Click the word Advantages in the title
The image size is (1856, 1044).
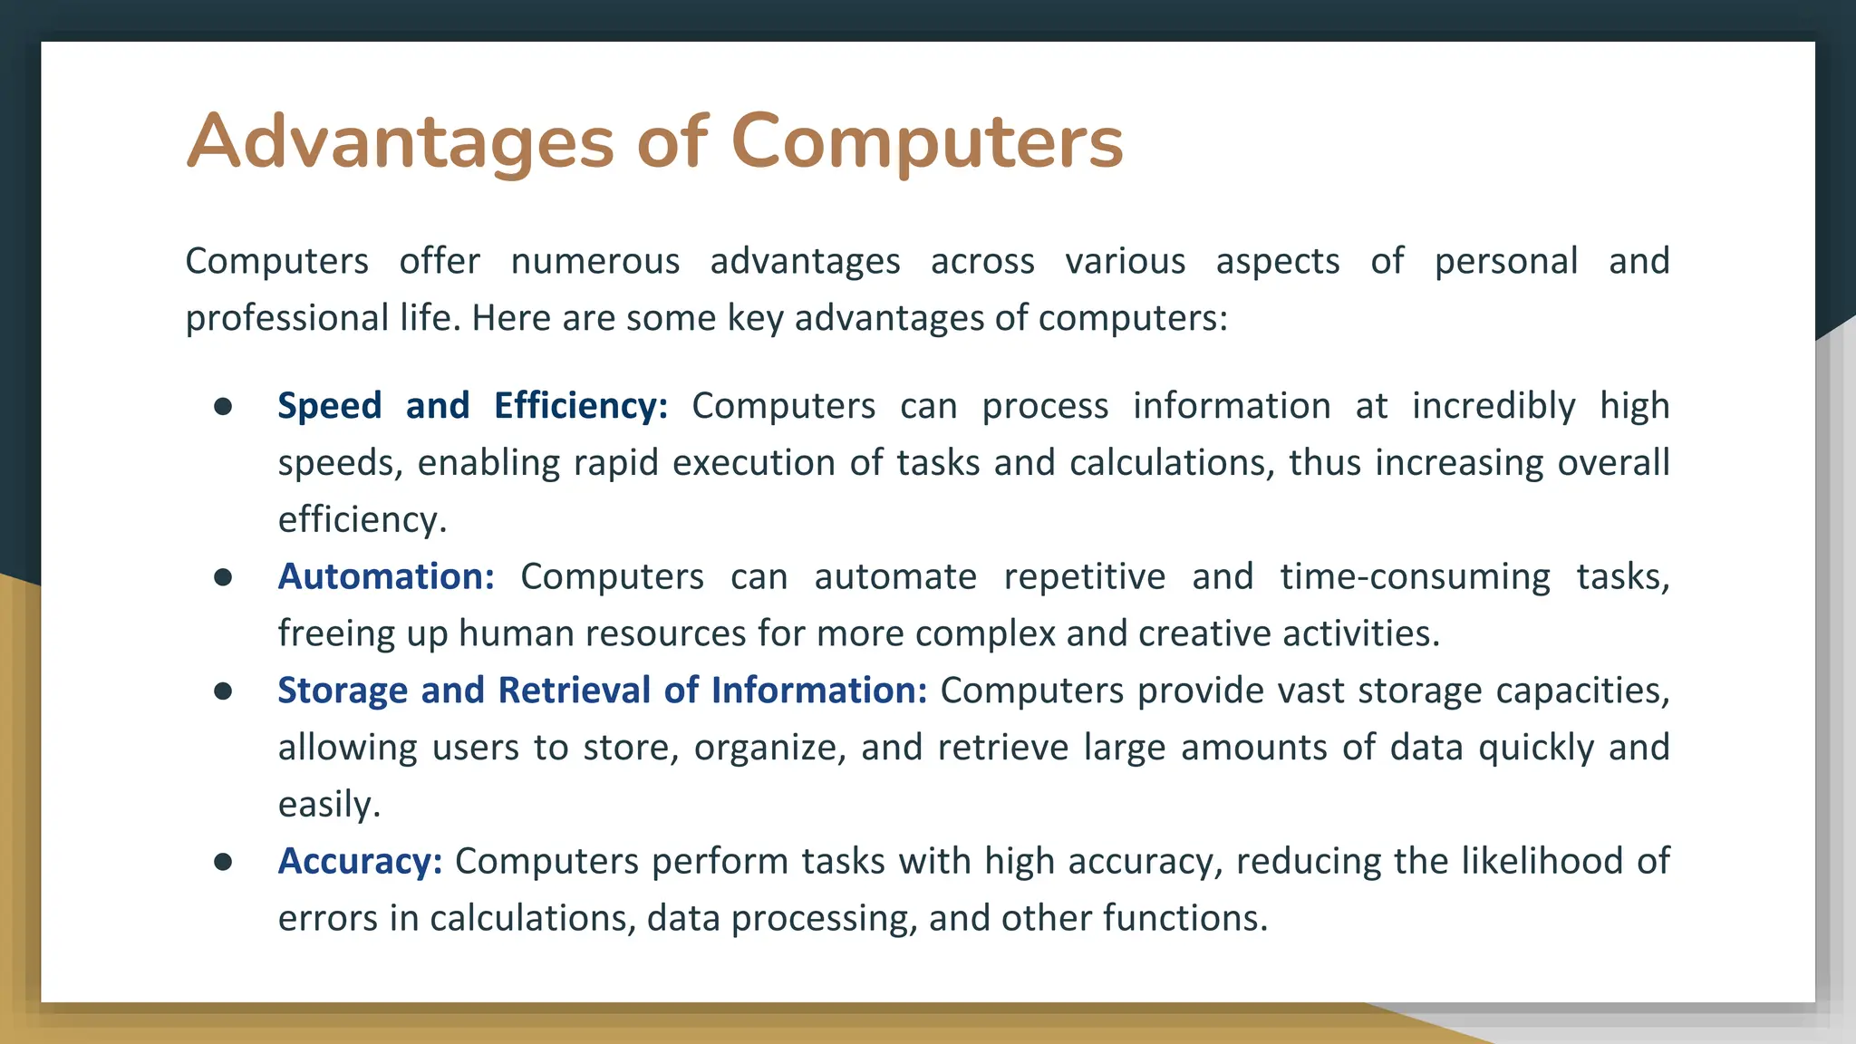click(x=400, y=141)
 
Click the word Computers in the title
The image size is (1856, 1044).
click(x=926, y=141)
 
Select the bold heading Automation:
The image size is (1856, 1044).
click(x=386, y=576)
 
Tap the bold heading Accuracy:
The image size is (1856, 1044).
click(x=360, y=861)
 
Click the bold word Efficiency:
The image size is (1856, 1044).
click(x=581, y=405)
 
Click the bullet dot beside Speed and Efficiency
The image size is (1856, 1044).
click(x=223, y=406)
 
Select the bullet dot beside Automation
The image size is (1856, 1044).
click(x=223, y=577)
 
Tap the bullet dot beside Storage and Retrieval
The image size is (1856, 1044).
click(x=223, y=691)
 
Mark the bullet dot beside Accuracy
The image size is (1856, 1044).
click(x=223, y=862)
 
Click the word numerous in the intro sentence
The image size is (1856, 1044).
click(x=594, y=261)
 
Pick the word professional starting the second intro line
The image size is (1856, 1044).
click(x=287, y=318)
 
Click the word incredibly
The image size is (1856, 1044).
click(x=1493, y=405)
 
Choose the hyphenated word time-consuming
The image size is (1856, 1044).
click(x=1415, y=576)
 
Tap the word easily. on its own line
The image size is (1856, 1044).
click(x=329, y=805)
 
